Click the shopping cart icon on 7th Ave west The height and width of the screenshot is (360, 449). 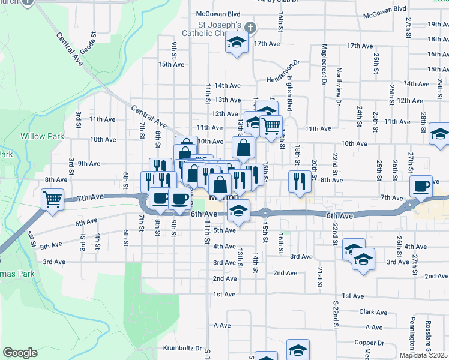(x=53, y=198)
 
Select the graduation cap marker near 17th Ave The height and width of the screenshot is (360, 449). (x=237, y=43)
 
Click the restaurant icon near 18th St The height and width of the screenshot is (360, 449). (x=299, y=180)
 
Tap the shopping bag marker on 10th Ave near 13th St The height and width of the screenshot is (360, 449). (x=244, y=147)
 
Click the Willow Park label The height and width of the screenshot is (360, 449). (x=42, y=136)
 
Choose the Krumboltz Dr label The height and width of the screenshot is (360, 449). (x=182, y=348)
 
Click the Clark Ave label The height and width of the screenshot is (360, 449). (x=373, y=312)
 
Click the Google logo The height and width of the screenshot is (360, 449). (x=20, y=353)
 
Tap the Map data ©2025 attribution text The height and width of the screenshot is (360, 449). (x=423, y=355)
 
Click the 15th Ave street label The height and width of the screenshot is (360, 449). (x=170, y=64)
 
